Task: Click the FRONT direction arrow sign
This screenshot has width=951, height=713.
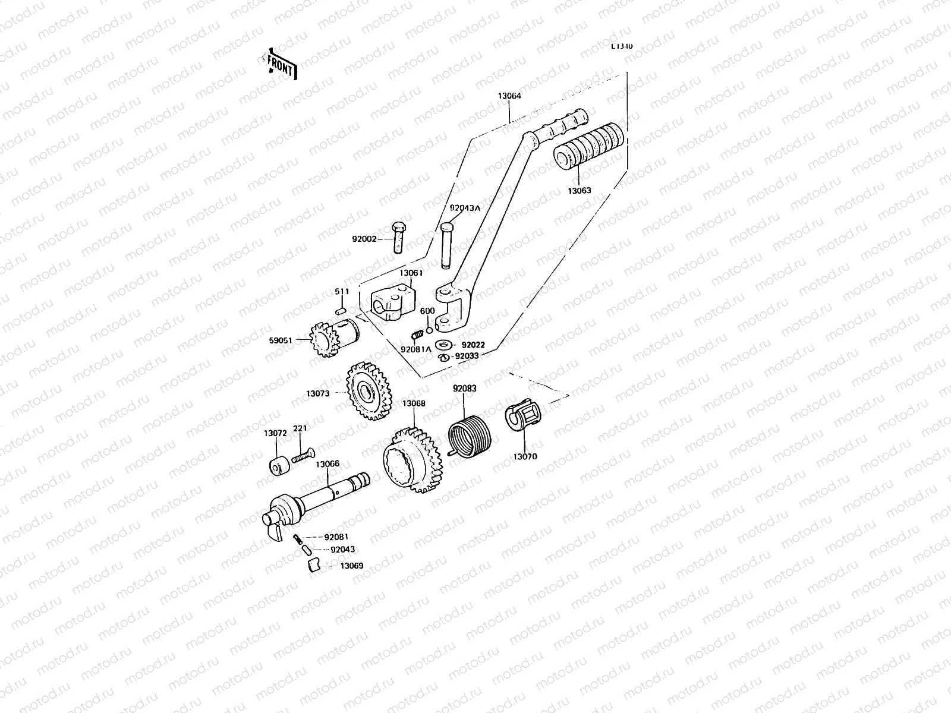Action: tap(280, 64)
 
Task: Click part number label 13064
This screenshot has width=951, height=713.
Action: tap(509, 95)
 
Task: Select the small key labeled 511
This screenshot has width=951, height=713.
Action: tap(341, 310)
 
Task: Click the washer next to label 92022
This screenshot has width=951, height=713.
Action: tap(443, 345)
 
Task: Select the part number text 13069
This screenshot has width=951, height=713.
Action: tap(351, 566)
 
